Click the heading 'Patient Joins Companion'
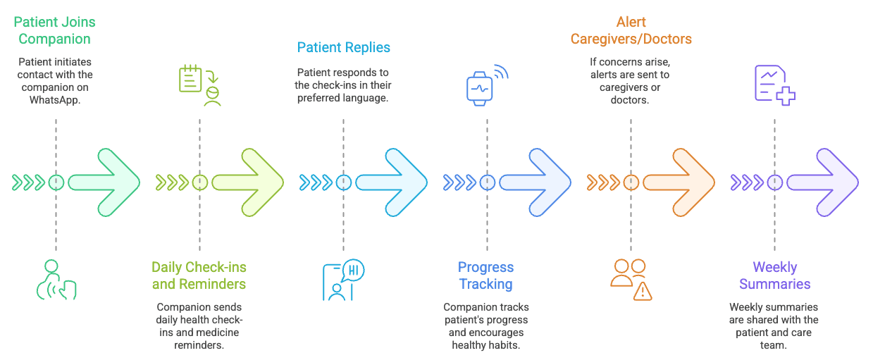(x=56, y=31)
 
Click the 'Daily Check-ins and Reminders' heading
(x=199, y=275)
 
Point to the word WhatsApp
(x=56, y=99)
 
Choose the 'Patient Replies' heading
(x=343, y=48)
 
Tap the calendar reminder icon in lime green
(x=199, y=85)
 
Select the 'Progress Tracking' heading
(x=486, y=275)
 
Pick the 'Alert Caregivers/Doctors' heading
(x=631, y=31)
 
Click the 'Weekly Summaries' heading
(x=774, y=275)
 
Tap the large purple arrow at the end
(x=823, y=182)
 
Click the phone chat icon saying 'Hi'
(x=342, y=280)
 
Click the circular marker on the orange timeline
(x=631, y=182)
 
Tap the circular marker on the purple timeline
(x=775, y=182)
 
